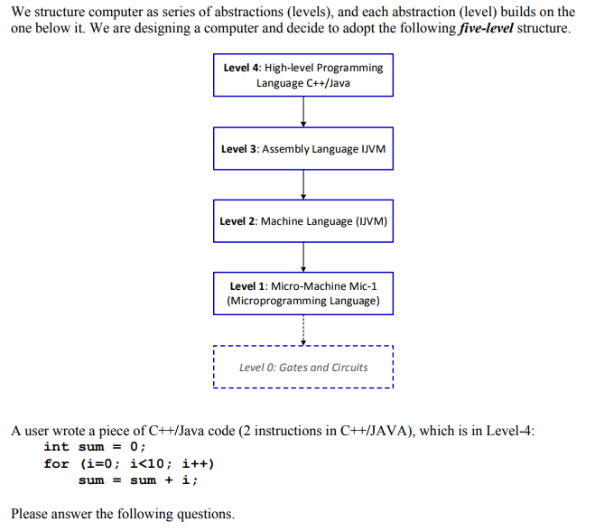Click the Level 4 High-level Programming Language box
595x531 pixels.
click(303, 75)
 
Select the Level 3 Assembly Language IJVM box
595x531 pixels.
click(303, 149)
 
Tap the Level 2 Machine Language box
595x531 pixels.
click(303, 221)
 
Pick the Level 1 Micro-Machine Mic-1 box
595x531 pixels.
click(303, 293)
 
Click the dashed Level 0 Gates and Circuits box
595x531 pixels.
click(303, 368)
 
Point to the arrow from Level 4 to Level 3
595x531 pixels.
click(303, 112)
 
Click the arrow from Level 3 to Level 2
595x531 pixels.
click(303, 185)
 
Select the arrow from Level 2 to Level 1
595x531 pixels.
click(303, 257)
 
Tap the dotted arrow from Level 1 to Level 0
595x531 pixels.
click(303, 330)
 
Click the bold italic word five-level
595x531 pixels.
click(475, 28)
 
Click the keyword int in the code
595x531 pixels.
click(56, 447)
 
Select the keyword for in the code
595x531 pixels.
click(56, 463)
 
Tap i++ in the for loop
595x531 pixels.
click(197, 463)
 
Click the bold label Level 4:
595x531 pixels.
click(242, 68)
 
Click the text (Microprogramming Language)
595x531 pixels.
click(303, 301)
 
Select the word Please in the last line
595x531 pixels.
click(33, 514)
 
